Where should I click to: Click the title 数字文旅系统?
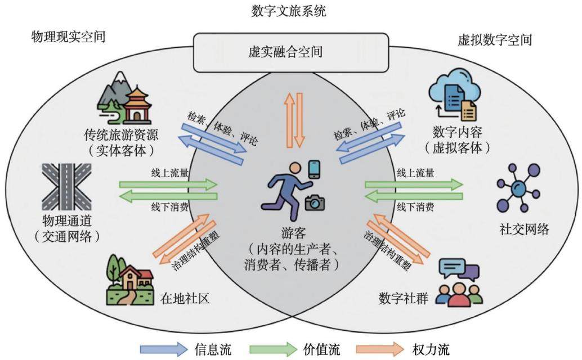288,11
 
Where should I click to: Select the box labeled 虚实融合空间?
291,52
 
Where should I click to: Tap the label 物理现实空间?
68,37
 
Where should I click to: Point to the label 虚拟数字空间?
495,40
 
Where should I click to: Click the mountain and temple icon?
124,98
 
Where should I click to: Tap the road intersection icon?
66,187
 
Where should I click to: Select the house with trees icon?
129,280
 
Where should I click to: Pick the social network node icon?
518,188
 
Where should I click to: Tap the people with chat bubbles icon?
459,282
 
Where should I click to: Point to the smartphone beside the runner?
315,169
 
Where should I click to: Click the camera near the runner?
315,202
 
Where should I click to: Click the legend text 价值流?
321,349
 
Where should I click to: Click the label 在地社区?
185,298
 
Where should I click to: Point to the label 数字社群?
404,298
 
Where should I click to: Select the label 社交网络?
524,229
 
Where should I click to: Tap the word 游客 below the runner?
293,233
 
